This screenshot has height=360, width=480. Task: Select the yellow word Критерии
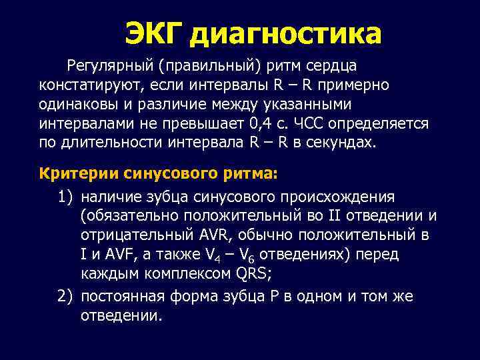pos(79,173)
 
